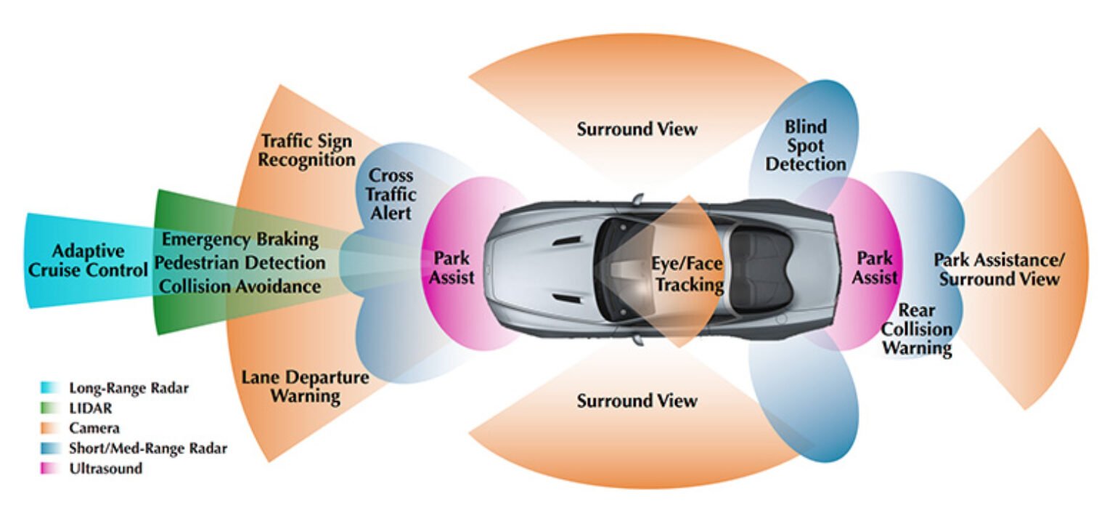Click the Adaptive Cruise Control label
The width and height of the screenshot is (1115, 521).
point(88,260)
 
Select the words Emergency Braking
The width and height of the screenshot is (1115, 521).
point(240,239)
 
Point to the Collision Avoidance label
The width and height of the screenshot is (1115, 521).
point(240,286)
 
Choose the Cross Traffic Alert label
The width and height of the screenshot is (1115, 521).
point(391,194)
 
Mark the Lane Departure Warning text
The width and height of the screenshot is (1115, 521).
point(305,387)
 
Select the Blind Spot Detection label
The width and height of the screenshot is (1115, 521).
point(805,146)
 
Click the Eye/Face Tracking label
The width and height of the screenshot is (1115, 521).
point(689,275)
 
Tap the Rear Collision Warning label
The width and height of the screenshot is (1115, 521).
point(917,329)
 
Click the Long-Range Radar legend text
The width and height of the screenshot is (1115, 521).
point(128,388)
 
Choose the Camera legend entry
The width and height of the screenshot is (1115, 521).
point(94,428)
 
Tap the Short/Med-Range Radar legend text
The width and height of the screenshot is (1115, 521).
point(147,448)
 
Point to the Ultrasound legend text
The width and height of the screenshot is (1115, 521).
point(105,469)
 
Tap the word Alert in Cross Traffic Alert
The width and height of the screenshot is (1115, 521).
point(391,213)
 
